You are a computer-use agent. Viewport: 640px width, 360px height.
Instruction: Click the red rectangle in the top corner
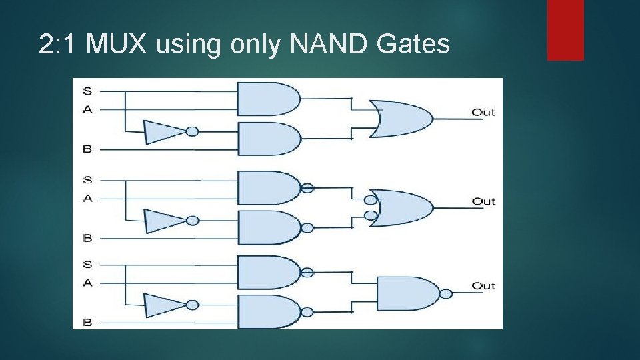click(x=565, y=29)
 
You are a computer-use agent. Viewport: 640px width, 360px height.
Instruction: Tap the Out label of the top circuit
click(x=483, y=112)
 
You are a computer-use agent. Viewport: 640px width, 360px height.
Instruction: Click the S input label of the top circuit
click(x=87, y=90)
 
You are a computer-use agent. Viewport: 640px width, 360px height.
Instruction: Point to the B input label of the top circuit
click(x=87, y=149)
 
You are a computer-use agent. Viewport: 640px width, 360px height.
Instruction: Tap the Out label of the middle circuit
click(x=483, y=201)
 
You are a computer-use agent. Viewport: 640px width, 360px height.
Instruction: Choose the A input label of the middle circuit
click(x=87, y=198)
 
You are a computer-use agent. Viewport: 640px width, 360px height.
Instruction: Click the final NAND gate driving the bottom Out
click(x=407, y=293)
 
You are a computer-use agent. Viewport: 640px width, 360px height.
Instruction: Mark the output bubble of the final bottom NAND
click(x=446, y=294)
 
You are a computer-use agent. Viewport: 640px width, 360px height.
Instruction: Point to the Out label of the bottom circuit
click(x=483, y=286)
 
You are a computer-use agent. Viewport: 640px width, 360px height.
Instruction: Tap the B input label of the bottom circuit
click(x=87, y=323)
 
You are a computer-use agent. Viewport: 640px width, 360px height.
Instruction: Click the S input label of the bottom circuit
click(x=87, y=264)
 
